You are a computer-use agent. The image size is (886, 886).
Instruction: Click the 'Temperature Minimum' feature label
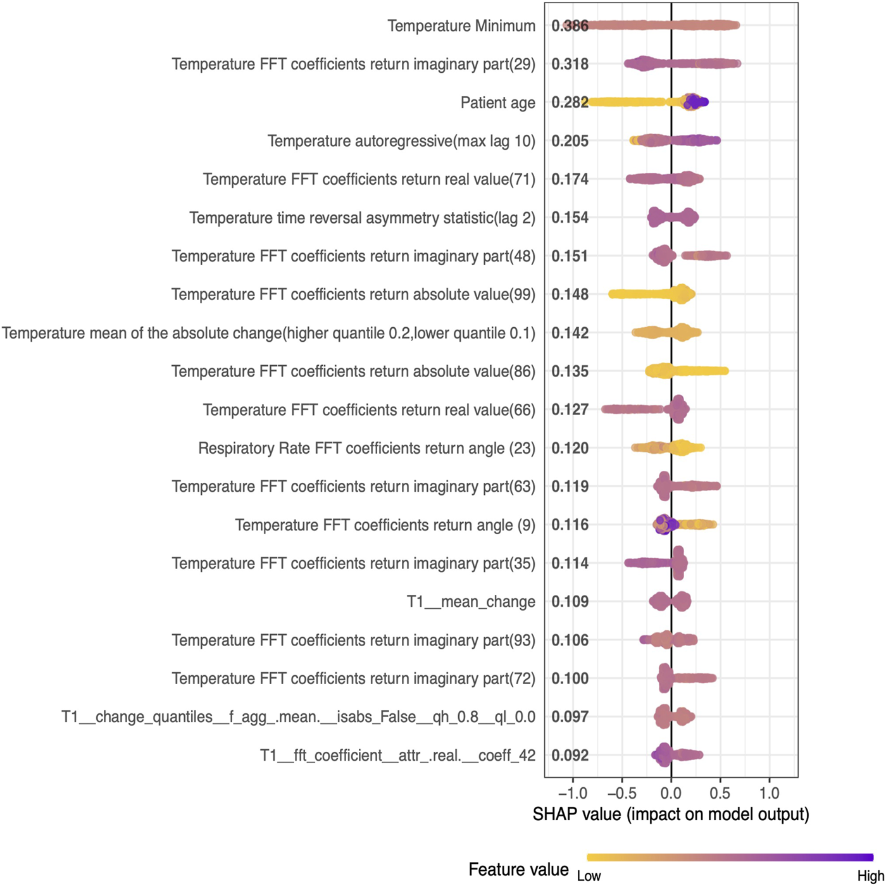coord(461,26)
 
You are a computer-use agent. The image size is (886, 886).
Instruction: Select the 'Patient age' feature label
coord(497,103)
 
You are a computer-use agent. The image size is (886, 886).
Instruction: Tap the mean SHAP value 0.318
coord(570,65)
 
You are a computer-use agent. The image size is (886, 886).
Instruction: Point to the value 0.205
coord(570,141)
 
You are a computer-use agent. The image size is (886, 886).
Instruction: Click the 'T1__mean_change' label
coord(471,602)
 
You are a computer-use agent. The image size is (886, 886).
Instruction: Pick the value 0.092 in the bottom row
coord(570,755)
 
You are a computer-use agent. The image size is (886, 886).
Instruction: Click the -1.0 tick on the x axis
coord(572,793)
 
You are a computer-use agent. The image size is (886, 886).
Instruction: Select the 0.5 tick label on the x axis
coord(720,793)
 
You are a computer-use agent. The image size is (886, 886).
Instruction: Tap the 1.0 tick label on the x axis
coord(769,793)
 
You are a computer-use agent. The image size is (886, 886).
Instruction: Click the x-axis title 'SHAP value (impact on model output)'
coord(671,814)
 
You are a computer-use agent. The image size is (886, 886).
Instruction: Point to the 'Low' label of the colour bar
coord(589,877)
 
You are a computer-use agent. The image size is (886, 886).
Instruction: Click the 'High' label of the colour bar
coord(870,877)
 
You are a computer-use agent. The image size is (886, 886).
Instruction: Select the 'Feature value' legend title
coord(518,870)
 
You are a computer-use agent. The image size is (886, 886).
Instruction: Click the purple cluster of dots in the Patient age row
coord(695,102)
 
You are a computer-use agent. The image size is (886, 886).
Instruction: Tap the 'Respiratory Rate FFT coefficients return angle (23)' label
coord(366,449)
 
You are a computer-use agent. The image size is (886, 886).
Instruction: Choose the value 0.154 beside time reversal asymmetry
coord(570,218)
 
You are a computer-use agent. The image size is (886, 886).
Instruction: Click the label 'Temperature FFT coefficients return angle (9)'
coord(385,525)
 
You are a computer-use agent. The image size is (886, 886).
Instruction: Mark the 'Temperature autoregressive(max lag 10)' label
coord(401,141)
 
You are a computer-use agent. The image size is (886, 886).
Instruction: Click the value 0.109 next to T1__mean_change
coord(570,602)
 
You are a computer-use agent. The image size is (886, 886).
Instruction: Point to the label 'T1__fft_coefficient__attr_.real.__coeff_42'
coord(397,756)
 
